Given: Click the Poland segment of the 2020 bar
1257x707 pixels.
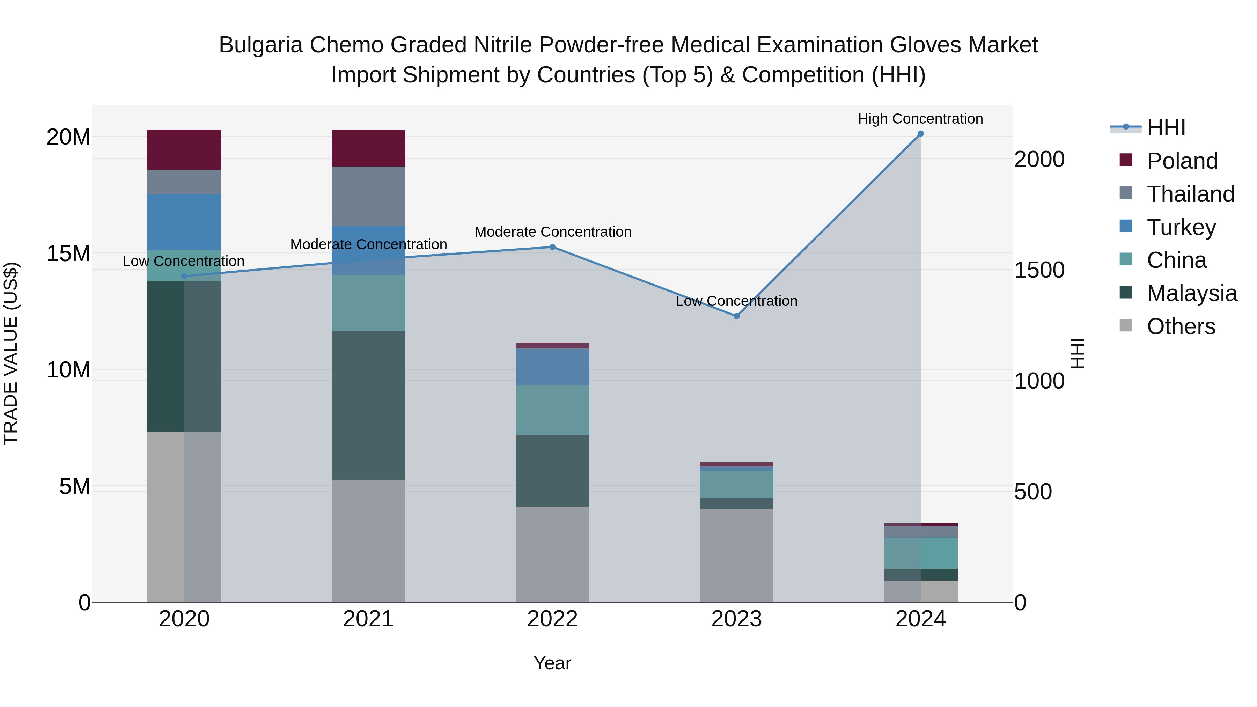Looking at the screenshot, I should point(184,149).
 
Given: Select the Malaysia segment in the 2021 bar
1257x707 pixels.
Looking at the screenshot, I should point(368,405).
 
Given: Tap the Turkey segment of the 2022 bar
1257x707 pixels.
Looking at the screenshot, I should point(552,367).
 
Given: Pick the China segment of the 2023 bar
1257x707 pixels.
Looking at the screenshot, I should point(736,484).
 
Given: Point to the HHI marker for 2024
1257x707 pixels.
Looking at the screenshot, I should point(920,134).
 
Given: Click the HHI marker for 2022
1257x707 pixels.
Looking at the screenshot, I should point(552,247).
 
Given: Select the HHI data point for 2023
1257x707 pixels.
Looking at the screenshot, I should point(736,316).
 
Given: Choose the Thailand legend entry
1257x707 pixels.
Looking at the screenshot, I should point(1190,194).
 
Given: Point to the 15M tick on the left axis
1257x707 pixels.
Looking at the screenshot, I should point(68,254).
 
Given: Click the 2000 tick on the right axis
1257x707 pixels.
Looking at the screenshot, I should point(1039,160).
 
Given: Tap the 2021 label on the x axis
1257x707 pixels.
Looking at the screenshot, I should point(368,619).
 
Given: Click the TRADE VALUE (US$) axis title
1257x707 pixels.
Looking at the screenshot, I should point(11,353).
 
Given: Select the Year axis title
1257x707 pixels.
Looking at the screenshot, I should point(552,663).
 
